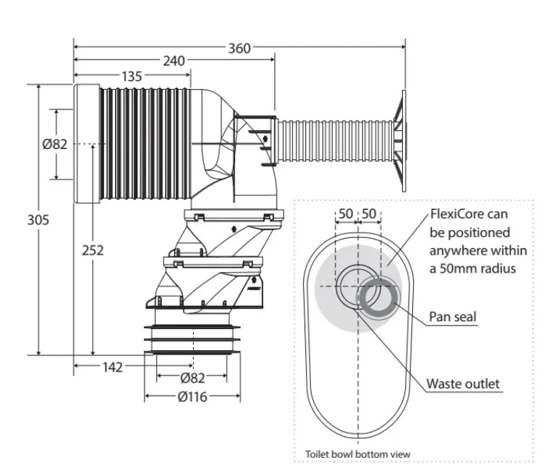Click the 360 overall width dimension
(239, 48)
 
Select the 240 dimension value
(174, 61)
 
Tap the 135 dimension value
(132, 75)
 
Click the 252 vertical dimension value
(93, 250)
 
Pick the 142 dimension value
(112, 367)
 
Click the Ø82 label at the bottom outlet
(193, 378)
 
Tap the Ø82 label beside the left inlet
(55, 144)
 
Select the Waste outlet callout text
(463, 383)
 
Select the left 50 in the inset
(346, 213)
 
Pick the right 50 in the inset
(370, 213)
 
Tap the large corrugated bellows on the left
(145, 145)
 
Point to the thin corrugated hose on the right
(333, 139)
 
